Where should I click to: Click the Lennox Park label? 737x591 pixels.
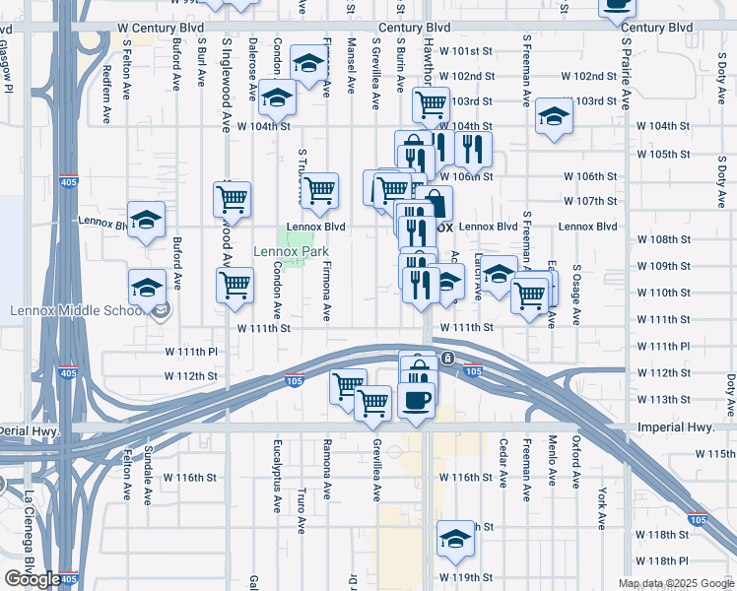click(x=291, y=252)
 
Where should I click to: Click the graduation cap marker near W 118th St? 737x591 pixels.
click(x=455, y=540)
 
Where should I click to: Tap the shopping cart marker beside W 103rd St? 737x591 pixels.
click(x=431, y=102)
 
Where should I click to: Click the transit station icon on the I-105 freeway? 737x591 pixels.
click(x=447, y=358)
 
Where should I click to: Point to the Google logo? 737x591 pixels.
click(x=32, y=579)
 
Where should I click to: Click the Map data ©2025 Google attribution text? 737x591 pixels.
click(x=676, y=583)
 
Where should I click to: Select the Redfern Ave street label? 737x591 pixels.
click(x=106, y=97)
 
